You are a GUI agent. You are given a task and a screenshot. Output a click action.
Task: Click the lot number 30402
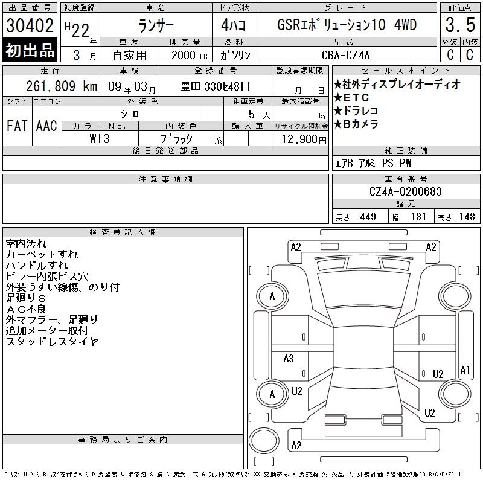pyautogui.click(x=30, y=25)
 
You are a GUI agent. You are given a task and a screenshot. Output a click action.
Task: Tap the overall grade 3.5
pyautogui.click(x=460, y=25)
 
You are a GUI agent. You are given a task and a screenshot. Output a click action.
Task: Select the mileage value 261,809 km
pyautogui.click(x=62, y=86)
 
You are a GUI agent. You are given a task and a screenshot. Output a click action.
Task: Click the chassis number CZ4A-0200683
pyautogui.click(x=405, y=191)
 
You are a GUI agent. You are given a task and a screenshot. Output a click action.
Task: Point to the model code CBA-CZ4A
pyautogui.click(x=345, y=55)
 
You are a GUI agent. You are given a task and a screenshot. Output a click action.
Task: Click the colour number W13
pyautogui.click(x=100, y=139)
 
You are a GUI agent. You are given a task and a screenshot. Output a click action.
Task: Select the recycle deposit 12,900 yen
pyautogui.click(x=304, y=139)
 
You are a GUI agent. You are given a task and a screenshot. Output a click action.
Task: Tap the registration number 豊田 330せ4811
pyautogui.click(x=215, y=86)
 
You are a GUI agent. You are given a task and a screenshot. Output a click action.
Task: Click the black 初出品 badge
pyautogui.click(x=30, y=50)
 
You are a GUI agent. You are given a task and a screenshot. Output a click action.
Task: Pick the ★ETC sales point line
pyautogui.click(x=351, y=98)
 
